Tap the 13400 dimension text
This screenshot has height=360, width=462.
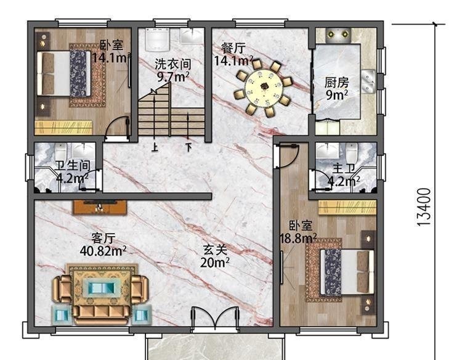tap(424, 207)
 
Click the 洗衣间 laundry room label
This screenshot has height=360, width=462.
tap(173, 64)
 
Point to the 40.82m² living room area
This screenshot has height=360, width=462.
tap(103, 251)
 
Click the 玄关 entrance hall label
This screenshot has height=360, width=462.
tap(215, 250)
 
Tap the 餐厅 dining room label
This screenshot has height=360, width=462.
tap(233, 48)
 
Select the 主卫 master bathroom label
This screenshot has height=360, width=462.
tap(344, 169)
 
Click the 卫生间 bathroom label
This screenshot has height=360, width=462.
tap(73, 166)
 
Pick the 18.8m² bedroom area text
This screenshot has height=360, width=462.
tap(298, 238)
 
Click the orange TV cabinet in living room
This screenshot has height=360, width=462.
tap(100, 207)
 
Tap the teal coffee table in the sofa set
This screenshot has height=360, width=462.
tap(102, 287)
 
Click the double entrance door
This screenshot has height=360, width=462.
tap(215, 320)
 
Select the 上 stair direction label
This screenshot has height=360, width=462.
tap(155, 147)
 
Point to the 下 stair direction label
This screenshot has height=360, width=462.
tap(188, 147)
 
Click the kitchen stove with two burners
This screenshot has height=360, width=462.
tap(338, 35)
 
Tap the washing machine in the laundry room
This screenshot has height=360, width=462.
tap(157, 39)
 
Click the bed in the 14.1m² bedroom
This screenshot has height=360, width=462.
tap(63, 73)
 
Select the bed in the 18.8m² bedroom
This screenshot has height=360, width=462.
tap(347, 272)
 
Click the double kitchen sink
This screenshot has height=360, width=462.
tap(368, 81)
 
